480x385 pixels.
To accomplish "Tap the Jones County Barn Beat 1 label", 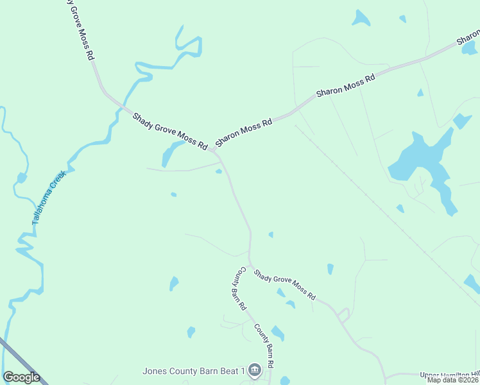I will click(194, 371).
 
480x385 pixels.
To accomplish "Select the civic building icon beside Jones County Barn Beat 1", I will click(255, 370).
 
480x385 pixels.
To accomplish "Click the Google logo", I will click(21, 377).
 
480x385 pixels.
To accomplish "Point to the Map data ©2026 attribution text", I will click(452, 380).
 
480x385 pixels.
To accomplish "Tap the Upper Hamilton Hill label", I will click(449, 375).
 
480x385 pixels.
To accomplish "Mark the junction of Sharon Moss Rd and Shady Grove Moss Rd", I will click(212, 151).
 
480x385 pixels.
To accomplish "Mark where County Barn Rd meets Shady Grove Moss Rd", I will click(250, 264).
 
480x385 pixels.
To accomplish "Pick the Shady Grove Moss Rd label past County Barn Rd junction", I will click(284, 284).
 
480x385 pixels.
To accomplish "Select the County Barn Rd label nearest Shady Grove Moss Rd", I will click(238, 288).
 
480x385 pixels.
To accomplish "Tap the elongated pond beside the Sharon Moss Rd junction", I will click(170, 154).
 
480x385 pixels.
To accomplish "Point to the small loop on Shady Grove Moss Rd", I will click(344, 314).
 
